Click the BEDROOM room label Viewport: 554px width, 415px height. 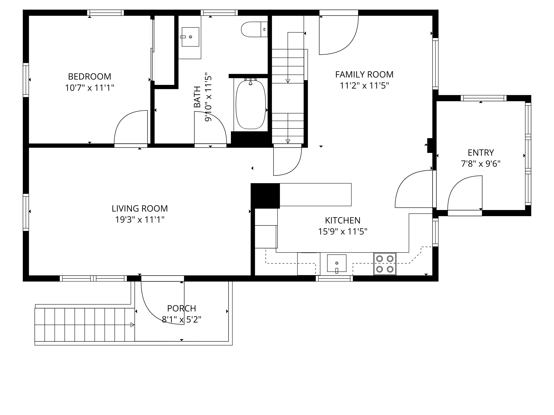[x=89, y=76]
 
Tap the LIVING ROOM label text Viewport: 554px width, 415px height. [x=140, y=208]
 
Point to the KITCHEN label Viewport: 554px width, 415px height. [x=343, y=220]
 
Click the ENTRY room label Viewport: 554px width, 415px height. [x=481, y=153]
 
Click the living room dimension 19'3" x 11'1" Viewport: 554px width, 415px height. [x=140, y=220]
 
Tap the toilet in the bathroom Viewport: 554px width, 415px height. [x=254, y=29]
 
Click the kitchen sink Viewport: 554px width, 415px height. [x=337, y=263]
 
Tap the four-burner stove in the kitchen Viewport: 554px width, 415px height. [x=385, y=264]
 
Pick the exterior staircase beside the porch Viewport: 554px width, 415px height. [x=85, y=325]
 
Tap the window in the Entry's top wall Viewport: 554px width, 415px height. [x=484, y=98]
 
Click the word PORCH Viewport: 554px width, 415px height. [x=182, y=308]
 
